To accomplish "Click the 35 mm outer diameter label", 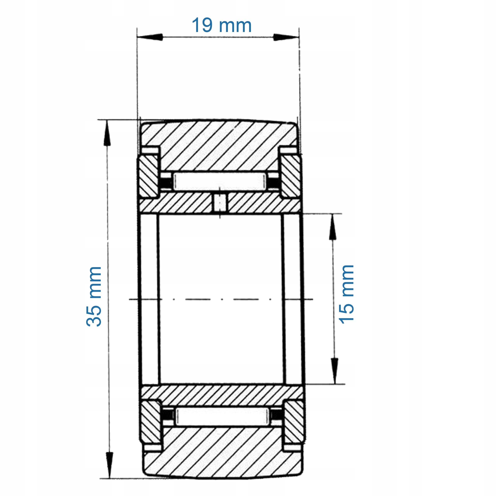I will coord(94,296).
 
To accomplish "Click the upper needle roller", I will coord(220,182).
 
